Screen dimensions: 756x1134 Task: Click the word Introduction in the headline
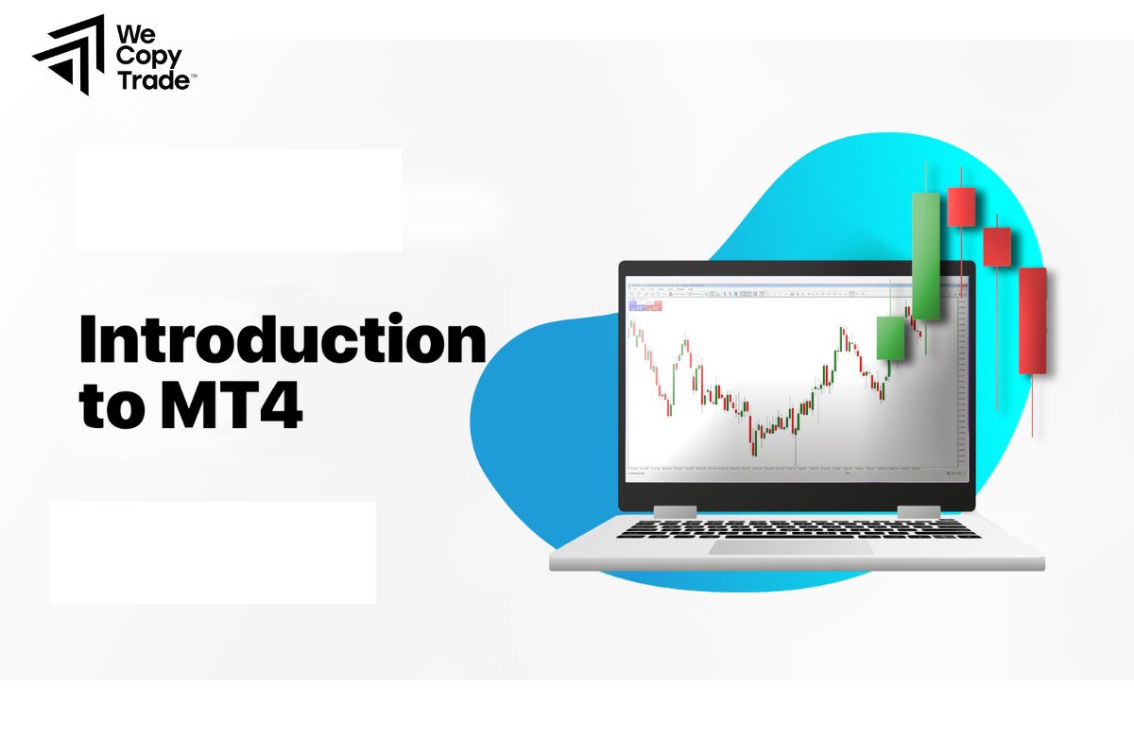(282, 341)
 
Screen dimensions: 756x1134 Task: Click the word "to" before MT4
(107, 408)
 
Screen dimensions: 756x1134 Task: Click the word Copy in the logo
(141, 57)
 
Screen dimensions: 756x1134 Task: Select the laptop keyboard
(799, 529)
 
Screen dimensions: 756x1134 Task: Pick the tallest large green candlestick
(926, 257)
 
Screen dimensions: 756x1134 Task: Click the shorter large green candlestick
(890, 337)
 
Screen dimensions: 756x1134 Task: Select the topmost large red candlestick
(961, 206)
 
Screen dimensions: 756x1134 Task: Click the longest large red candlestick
(1033, 321)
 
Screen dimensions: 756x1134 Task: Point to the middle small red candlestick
(997, 247)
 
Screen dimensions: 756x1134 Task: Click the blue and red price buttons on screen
(645, 306)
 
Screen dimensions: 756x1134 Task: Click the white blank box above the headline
(238, 199)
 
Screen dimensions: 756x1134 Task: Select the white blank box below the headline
(213, 552)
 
